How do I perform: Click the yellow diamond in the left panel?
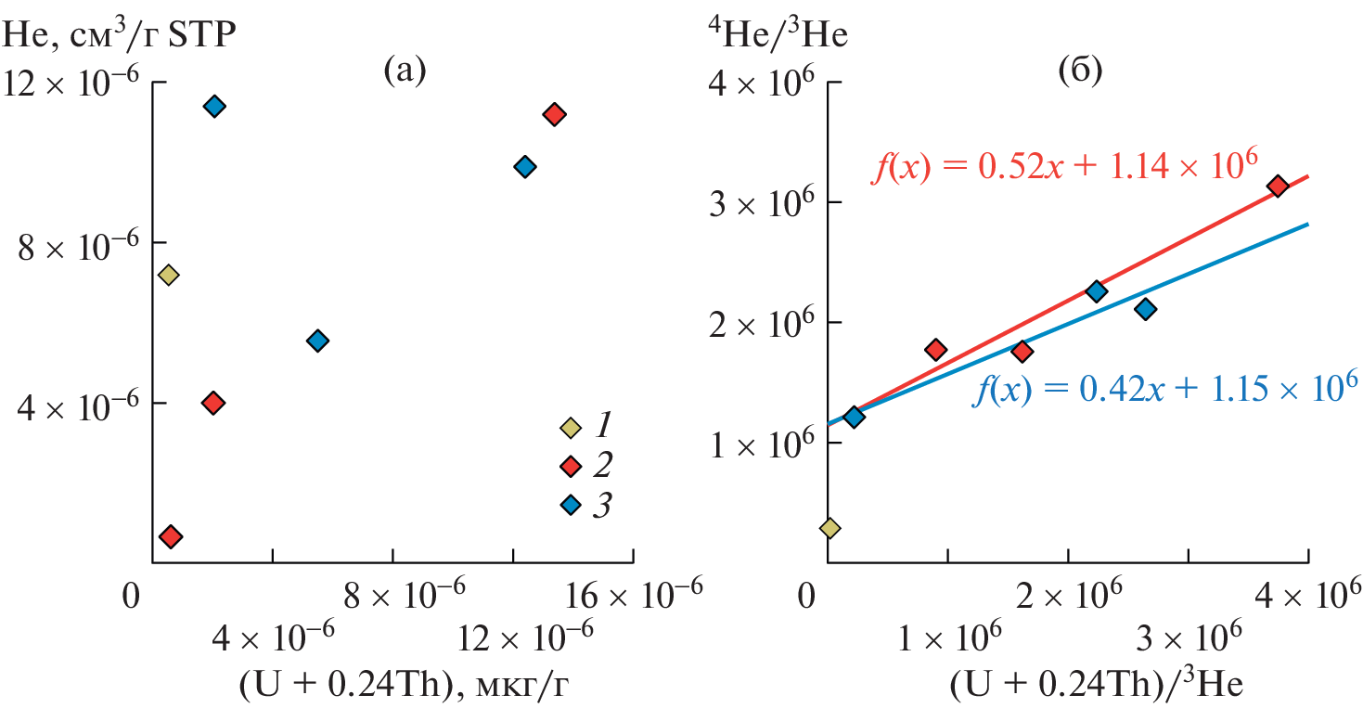pyautogui.click(x=168, y=275)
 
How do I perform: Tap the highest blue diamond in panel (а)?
pyautogui.click(x=214, y=106)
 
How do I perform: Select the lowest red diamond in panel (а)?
pyautogui.click(x=171, y=536)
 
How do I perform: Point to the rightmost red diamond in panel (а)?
pyautogui.click(x=554, y=114)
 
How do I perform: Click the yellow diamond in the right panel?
pyautogui.click(x=829, y=528)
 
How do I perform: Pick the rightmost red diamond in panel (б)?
pyautogui.click(x=1278, y=187)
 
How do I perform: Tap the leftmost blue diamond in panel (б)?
pyautogui.click(x=854, y=417)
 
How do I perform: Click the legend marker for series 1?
pyautogui.click(x=571, y=428)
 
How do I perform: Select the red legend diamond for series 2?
pyautogui.click(x=571, y=465)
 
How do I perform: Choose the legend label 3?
pyautogui.click(x=603, y=505)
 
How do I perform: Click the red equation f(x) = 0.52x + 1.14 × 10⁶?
pyautogui.click(x=1064, y=168)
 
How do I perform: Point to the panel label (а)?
pyautogui.click(x=405, y=70)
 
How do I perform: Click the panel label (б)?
pyautogui.click(x=1080, y=71)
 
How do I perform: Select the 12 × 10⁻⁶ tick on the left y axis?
pyautogui.click(x=71, y=83)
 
